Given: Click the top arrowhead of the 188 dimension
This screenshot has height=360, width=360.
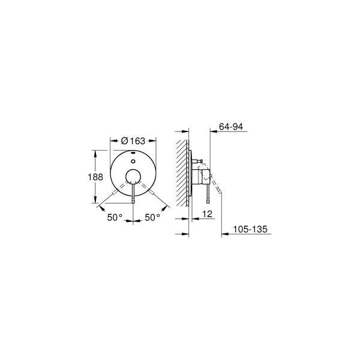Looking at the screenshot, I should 95,151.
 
